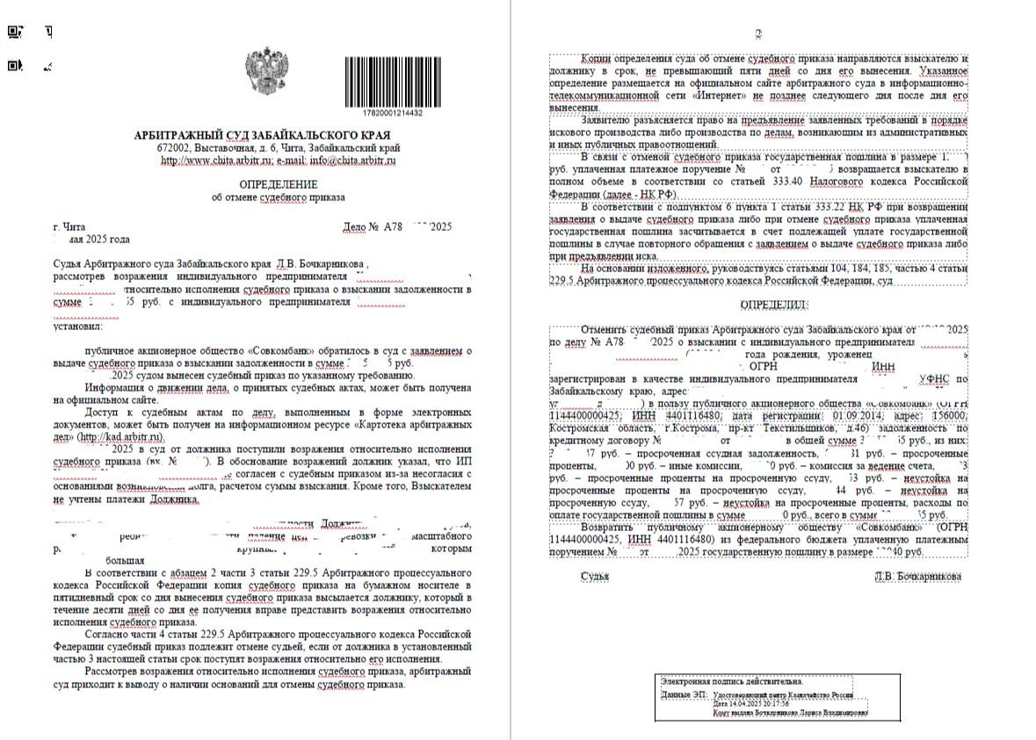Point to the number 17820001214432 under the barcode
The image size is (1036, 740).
[x=392, y=113]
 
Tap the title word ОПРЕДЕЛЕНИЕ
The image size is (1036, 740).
[x=278, y=184]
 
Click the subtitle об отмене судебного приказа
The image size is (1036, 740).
[x=278, y=198]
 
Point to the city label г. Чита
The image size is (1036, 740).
[x=69, y=226]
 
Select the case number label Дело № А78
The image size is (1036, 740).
[x=374, y=226]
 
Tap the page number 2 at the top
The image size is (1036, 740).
[x=758, y=35]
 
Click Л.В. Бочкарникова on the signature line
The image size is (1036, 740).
[x=917, y=576]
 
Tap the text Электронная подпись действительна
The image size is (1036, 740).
[x=732, y=681]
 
